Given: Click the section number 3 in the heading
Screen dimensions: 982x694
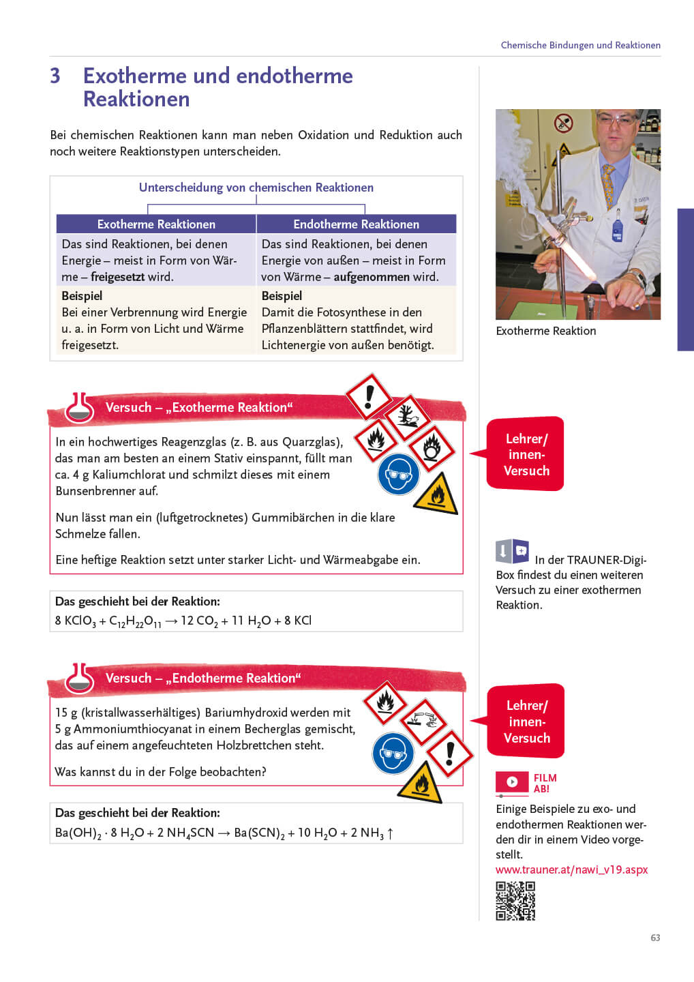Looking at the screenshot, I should point(55,76).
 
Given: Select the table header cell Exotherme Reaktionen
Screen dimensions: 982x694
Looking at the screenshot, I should point(156,224).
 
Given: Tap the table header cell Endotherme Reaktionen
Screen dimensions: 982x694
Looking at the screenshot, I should point(356,224).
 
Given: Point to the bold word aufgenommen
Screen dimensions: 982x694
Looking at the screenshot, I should point(372,277).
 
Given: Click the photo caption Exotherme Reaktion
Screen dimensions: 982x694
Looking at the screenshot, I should point(545,331).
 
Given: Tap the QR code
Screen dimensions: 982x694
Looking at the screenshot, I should point(515,901).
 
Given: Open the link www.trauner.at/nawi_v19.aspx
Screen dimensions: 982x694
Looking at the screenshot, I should point(571,869).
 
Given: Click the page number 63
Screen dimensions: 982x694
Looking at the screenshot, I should point(655,938).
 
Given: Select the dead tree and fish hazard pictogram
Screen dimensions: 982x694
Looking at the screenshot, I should point(406,416).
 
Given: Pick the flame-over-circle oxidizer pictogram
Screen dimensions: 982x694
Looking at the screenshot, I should point(432,448).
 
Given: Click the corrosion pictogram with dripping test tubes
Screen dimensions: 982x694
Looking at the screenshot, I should point(423,721).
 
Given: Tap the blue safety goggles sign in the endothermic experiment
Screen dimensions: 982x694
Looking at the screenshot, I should point(393,753).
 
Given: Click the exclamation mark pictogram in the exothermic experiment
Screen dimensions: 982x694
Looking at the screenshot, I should point(369,396).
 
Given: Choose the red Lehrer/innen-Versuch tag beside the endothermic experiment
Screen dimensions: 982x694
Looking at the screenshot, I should point(526,721).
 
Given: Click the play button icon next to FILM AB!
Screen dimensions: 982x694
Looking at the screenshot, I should point(512,782).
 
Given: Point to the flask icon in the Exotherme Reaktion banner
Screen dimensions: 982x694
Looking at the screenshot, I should point(80,408).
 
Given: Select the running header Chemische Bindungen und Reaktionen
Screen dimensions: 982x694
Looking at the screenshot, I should point(580,45).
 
